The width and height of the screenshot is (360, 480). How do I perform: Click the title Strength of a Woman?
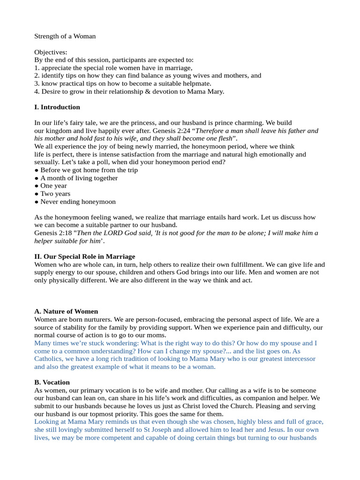(x=65, y=36)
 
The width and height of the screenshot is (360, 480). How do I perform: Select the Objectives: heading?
(x=51, y=52)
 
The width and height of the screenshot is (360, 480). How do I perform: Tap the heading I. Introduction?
(x=57, y=107)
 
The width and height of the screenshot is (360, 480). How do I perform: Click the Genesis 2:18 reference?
(x=53, y=233)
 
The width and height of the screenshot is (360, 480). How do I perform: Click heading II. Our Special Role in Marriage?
(x=85, y=256)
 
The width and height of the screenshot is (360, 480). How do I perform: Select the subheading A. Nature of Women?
(x=66, y=311)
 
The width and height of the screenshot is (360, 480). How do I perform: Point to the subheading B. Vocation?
(x=52, y=382)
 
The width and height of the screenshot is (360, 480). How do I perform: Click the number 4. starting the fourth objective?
(x=37, y=91)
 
